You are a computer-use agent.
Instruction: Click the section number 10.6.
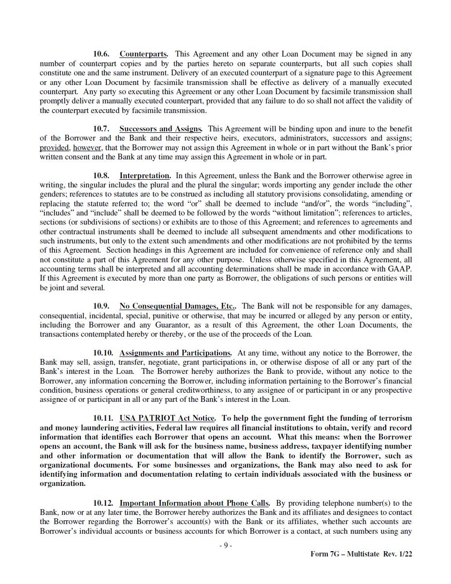(x=101, y=54)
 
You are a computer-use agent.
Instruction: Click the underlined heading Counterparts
(x=144, y=54)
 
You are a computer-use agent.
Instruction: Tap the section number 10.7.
(x=101, y=129)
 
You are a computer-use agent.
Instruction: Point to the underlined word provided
(x=54, y=148)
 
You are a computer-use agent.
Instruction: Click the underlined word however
(x=87, y=148)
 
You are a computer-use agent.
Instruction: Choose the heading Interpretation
(x=145, y=176)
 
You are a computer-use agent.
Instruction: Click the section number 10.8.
(x=101, y=176)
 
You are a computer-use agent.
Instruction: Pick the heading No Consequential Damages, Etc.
(x=177, y=306)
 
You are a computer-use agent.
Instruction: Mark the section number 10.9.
(x=101, y=306)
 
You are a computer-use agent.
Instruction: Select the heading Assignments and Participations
(x=175, y=353)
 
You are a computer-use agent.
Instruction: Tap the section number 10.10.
(x=103, y=353)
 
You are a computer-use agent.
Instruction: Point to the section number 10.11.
(x=103, y=418)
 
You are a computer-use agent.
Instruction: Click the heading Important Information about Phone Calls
(x=194, y=503)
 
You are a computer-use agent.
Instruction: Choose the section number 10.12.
(x=103, y=503)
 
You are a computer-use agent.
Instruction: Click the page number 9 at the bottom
(x=225, y=545)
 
